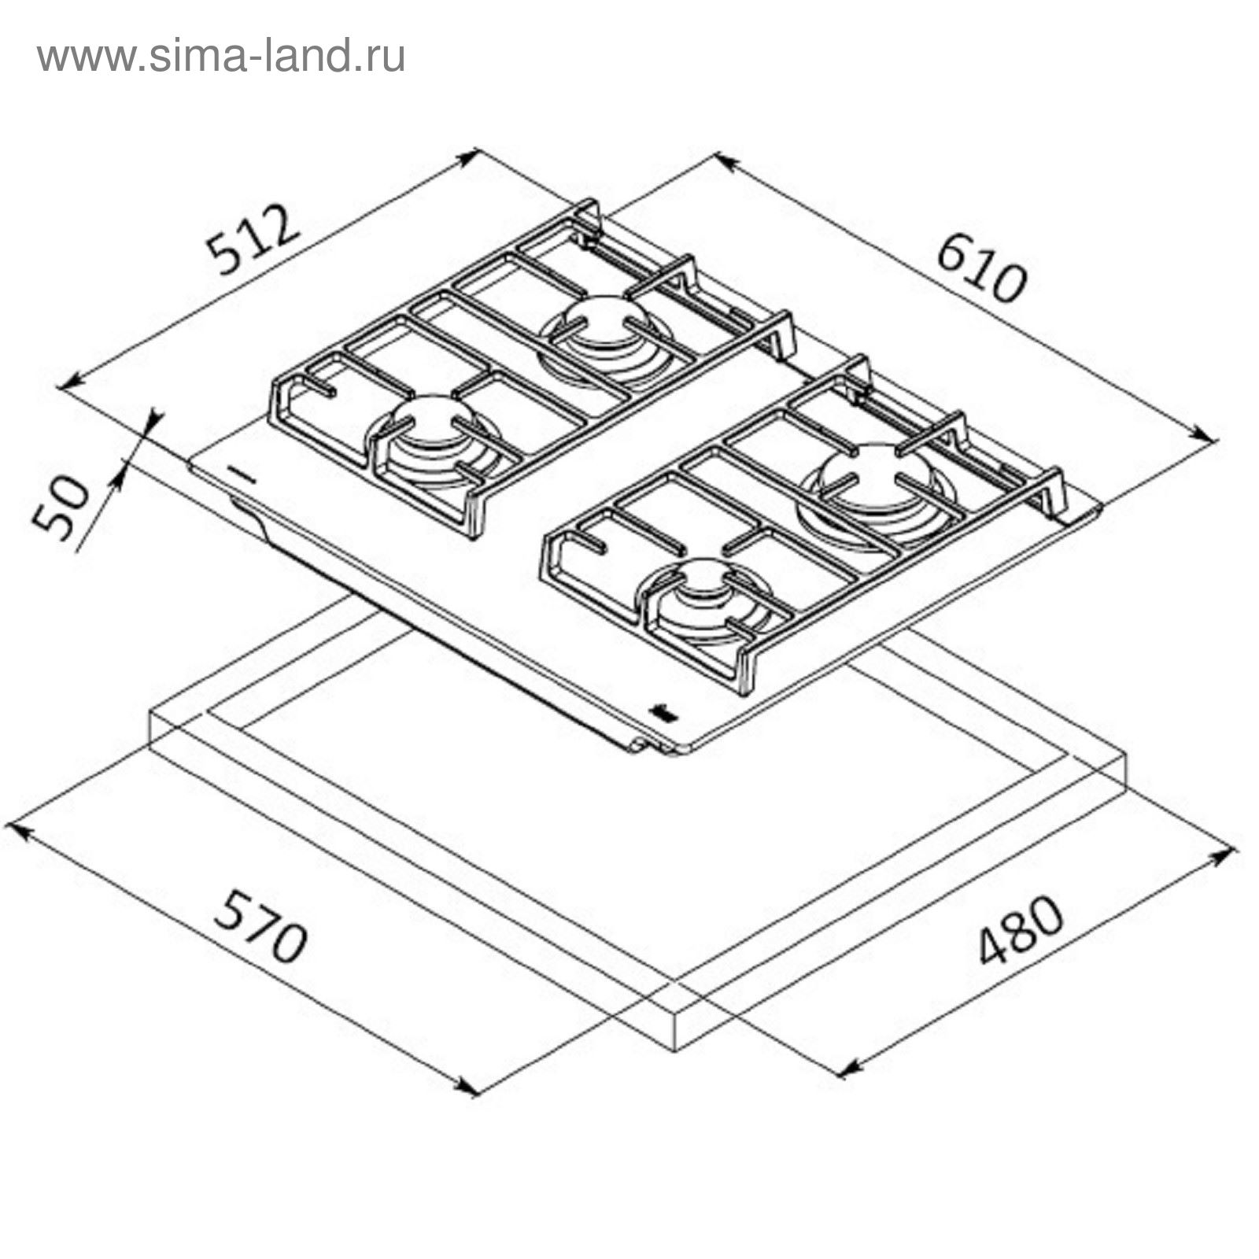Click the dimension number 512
click(253, 239)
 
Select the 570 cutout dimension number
click(260, 926)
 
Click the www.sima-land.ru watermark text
click(221, 57)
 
